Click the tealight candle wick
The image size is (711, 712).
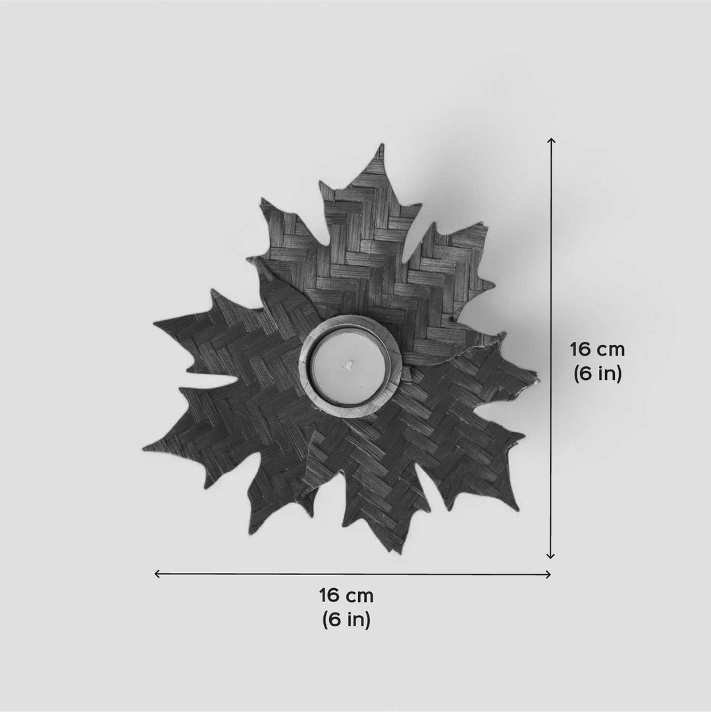tap(350, 364)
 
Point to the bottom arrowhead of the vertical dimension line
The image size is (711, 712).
tap(551, 555)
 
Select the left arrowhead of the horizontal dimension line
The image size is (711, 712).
tap(157, 574)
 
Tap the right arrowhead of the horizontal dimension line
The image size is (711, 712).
tap(548, 574)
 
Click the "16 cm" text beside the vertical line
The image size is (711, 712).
tap(597, 350)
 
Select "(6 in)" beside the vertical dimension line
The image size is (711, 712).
tap(597, 373)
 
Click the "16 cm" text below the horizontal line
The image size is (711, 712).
tap(346, 595)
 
